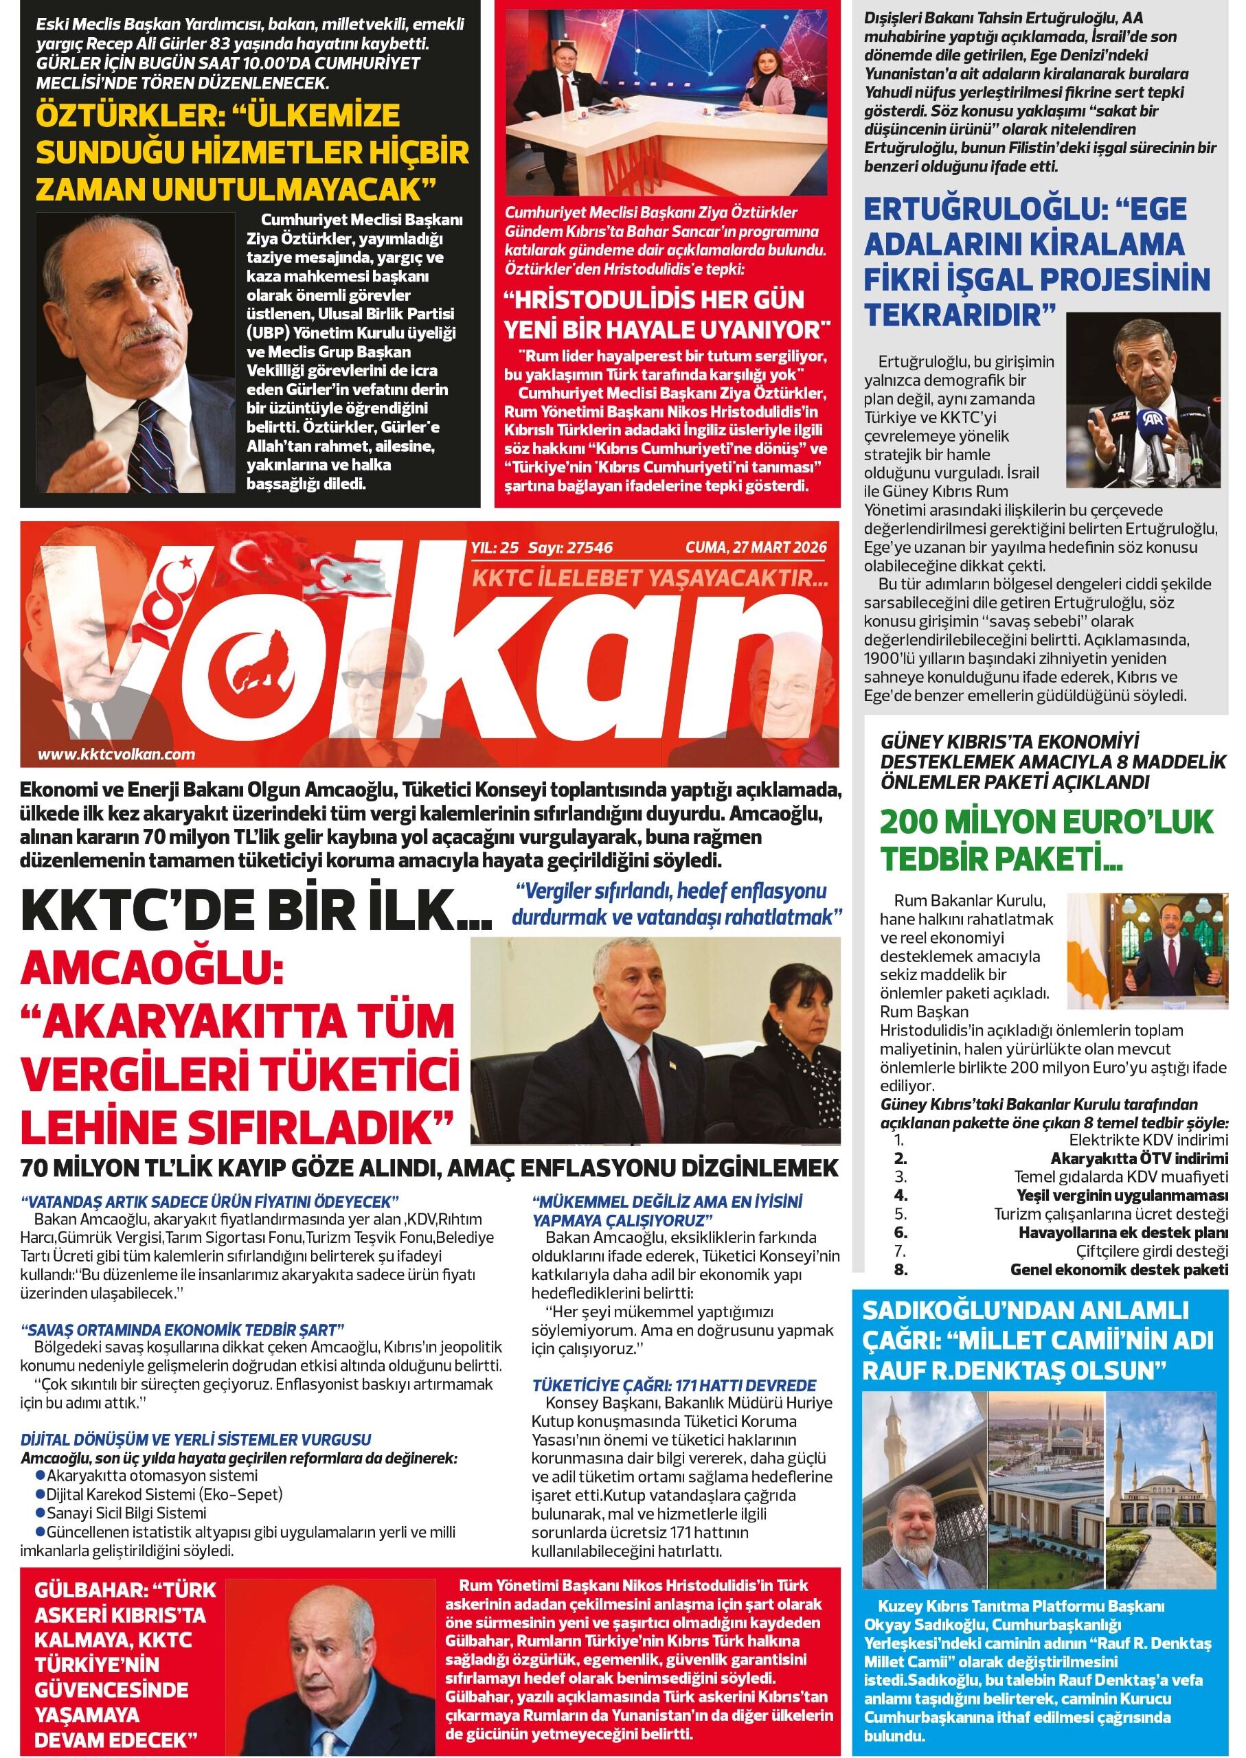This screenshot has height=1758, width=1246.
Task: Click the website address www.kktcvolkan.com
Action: (x=116, y=754)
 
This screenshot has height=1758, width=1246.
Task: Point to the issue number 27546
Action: (x=588, y=547)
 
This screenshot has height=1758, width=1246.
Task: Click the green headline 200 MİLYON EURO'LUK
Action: (x=1047, y=821)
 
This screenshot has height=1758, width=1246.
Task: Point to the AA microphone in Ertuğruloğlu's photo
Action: (x=1155, y=447)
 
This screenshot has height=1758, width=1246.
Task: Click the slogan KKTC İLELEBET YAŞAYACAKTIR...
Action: (x=650, y=579)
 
